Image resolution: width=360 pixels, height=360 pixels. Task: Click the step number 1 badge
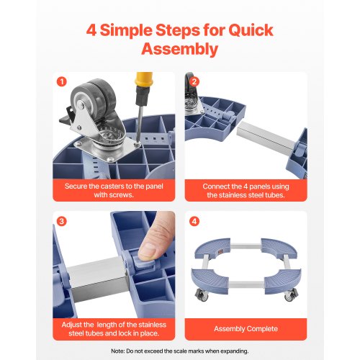pos(62,82)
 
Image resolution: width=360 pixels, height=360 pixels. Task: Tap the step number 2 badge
pos(194,82)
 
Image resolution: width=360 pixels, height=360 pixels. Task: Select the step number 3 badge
pos(62,221)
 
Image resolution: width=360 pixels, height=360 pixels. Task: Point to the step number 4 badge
pos(194,221)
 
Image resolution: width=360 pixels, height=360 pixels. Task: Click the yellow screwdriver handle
pos(143,79)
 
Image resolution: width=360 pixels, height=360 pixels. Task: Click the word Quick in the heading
pos(251,30)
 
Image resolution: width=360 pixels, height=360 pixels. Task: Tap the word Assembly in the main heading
pos(179,49)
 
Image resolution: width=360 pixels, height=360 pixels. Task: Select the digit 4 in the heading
pos(91,30)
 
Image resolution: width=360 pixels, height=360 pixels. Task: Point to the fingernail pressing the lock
pos(148,251)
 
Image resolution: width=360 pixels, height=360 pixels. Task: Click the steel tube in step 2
pos(266,136)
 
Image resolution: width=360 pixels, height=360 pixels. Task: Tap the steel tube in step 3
pos(97,279)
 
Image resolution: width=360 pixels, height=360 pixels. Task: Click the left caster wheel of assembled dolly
pos(201,294)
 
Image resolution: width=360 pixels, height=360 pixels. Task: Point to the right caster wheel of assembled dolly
pos(291,295)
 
